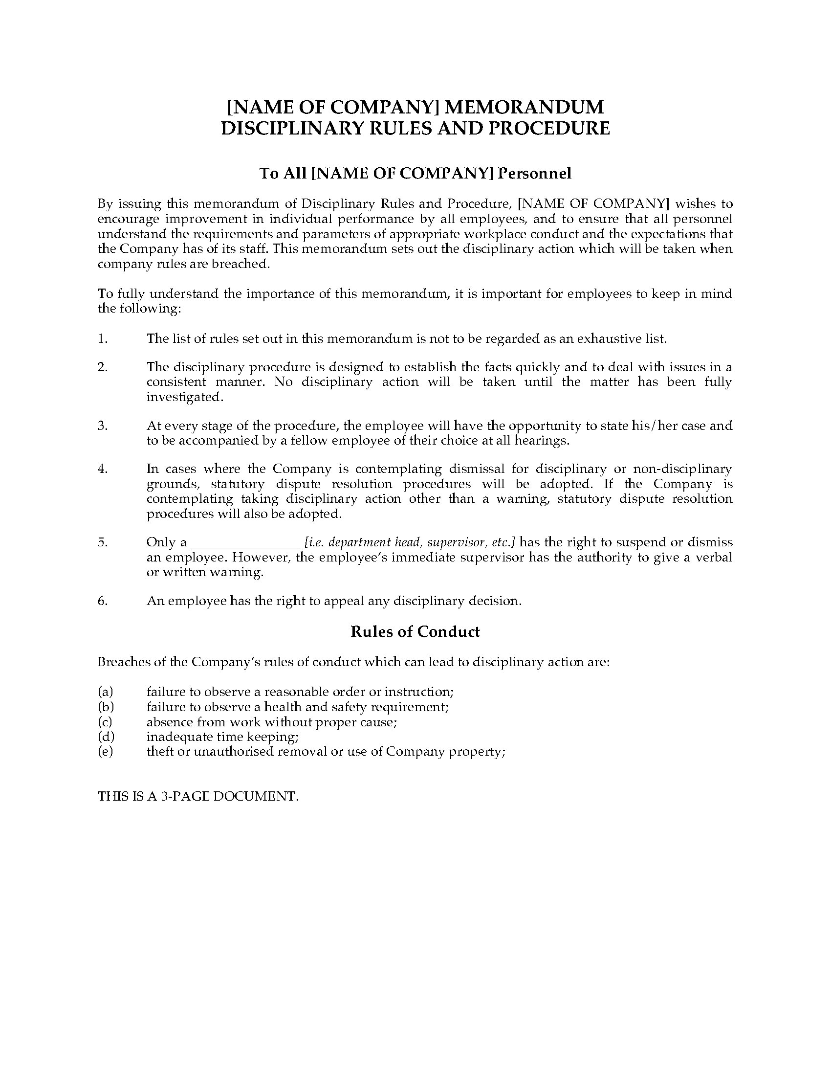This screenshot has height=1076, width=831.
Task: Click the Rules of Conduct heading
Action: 415,631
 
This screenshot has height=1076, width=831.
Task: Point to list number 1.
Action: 102,338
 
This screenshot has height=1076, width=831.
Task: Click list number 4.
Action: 102,469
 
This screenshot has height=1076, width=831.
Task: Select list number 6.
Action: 102,601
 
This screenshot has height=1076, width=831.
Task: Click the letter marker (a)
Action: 106,691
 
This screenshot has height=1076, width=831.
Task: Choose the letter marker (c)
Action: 105,722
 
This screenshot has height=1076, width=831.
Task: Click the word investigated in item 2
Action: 185,397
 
